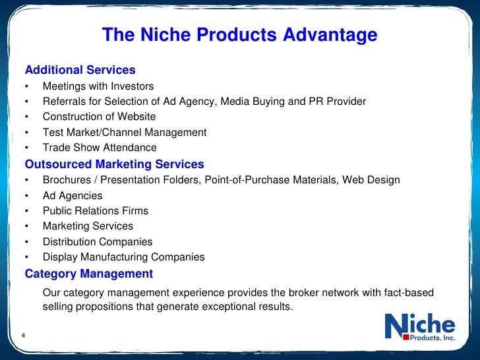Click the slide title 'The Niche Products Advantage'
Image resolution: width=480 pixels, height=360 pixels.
pyautogui.click(x=239, y=35)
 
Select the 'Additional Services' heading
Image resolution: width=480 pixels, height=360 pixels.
pyautogui.click(x=80, y=70)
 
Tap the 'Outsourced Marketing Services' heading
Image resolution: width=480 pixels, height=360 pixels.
pyautogui.click(x=114, y=164)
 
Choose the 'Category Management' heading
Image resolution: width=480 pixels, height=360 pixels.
pyautogui.click(x=88, y=274)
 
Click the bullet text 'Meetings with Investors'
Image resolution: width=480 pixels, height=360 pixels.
pyautogui.click(x=98, y=86)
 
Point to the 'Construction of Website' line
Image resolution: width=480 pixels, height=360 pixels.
pyautogui.click(x=99, y=117)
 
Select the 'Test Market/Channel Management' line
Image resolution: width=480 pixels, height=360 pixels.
pyautogui.click(x=125, y=133)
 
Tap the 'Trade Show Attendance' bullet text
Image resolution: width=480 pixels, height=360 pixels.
pyautogui.click(x=100, y=148)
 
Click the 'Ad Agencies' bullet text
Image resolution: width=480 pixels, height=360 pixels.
pyautogui.click(x=73, y=196)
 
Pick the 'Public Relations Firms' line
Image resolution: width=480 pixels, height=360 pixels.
pyautogui.click(x=96, y=211)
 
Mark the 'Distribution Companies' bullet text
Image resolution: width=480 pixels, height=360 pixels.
pyautogui.click(x=98, y=242)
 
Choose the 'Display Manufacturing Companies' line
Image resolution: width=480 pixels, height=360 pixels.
pyautogui.click(x=123, y=257)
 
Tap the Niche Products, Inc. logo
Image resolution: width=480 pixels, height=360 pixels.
pyautogui.click(x=420, y=328)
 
